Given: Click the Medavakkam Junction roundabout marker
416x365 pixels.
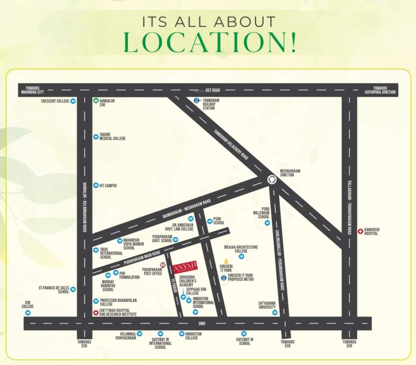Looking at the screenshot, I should (272, 179).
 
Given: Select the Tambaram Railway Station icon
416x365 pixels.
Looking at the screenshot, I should (197, 101).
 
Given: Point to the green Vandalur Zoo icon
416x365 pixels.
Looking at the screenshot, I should (96, 101).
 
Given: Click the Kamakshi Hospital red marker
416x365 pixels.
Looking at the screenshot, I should (360, 231).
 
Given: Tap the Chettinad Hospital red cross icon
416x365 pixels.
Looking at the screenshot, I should (96, 313).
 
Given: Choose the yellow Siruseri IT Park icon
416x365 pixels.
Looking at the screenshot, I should (226, 261).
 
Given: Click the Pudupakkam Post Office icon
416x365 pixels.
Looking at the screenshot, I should (163, 265).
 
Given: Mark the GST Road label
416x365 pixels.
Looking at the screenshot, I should (213, 90).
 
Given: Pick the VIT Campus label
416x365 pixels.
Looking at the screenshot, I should (108, 185).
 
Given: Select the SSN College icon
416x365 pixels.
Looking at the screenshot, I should (28, 313).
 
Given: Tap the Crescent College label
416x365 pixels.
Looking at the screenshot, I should (55, 101).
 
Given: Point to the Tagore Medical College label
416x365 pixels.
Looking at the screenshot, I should (112, 136).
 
